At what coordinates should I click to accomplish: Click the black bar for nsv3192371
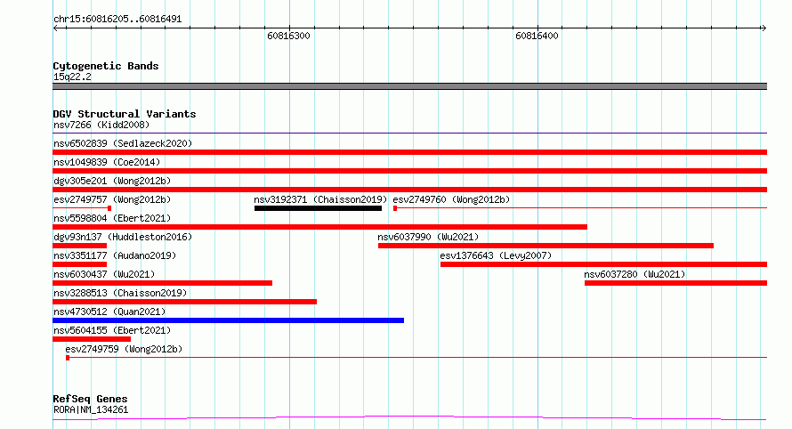318,208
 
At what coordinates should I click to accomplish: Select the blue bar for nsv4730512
229,320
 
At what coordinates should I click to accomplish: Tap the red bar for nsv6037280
675,283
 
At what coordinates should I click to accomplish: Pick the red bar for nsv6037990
546,246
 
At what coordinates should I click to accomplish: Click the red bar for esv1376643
603,264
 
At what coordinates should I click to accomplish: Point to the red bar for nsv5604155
92,339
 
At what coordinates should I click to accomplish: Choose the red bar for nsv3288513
185,302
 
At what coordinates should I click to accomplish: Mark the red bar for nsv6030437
163,283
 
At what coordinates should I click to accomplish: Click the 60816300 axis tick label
288,36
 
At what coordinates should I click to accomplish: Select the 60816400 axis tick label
537,36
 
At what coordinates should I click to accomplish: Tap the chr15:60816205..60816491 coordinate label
117,20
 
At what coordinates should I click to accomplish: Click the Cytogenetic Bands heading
106,66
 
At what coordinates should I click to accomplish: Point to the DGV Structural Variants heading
125,114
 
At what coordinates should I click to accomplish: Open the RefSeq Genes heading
90,400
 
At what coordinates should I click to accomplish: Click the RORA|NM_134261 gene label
91,409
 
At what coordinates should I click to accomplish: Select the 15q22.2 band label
72,77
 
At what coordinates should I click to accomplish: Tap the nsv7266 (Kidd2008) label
101,125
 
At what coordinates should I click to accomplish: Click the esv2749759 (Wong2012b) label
124,349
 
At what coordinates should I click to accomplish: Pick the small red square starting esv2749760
395,208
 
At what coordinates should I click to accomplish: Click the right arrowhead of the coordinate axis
764,28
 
